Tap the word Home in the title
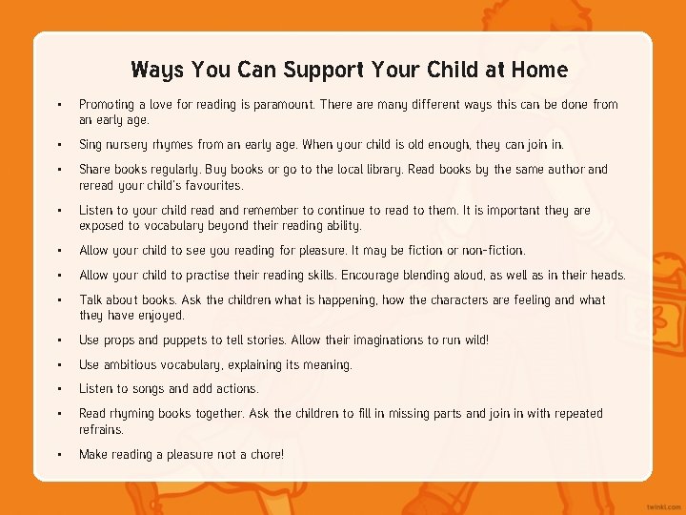539,70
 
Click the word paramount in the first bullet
274,105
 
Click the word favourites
211,185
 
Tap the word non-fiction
493,251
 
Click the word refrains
101,429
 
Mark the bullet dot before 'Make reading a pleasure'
59,454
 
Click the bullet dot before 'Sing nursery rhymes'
59,145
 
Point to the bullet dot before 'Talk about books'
59,299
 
